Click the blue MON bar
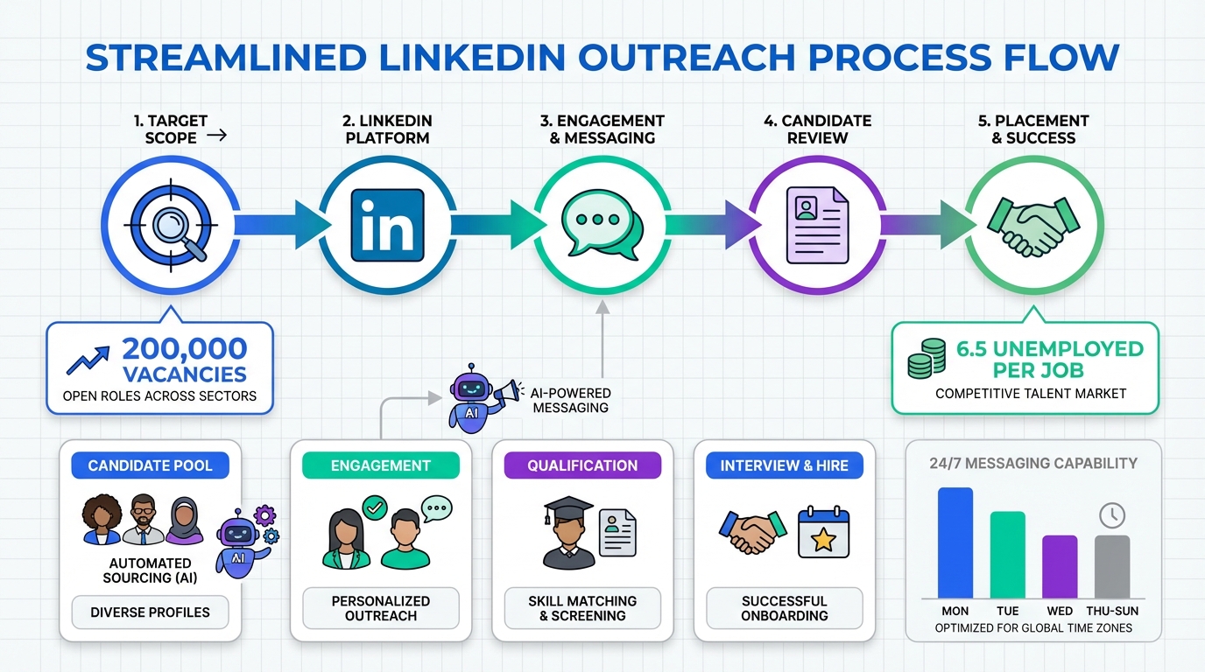click(x=955, y=542)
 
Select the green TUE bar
click(x=1007, y=554)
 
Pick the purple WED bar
click(x=1060, y=566)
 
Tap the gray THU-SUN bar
click(x=1112, y=566)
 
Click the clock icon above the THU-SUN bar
click(x=1112, y=514)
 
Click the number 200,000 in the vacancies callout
click(x=185, y=349)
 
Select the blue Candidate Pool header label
click(x=150, y=465)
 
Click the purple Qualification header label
click(x=582, y=465)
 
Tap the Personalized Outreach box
click(x=380, y=608)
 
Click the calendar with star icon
click(x=824, y=532)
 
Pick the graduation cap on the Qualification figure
click(x=569, y=509)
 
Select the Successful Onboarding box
click(x=784, y=608)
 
